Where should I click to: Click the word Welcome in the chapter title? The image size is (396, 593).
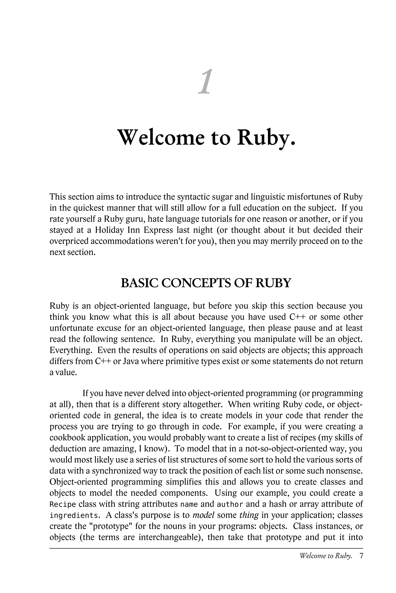(161, 138)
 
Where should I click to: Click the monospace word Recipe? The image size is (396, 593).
(63, 504)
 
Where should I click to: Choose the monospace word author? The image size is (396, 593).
(230, 504)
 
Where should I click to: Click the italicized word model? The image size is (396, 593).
(203, 515)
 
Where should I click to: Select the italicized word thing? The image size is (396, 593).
(249, 515)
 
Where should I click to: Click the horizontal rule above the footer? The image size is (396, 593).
(206, 548)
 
